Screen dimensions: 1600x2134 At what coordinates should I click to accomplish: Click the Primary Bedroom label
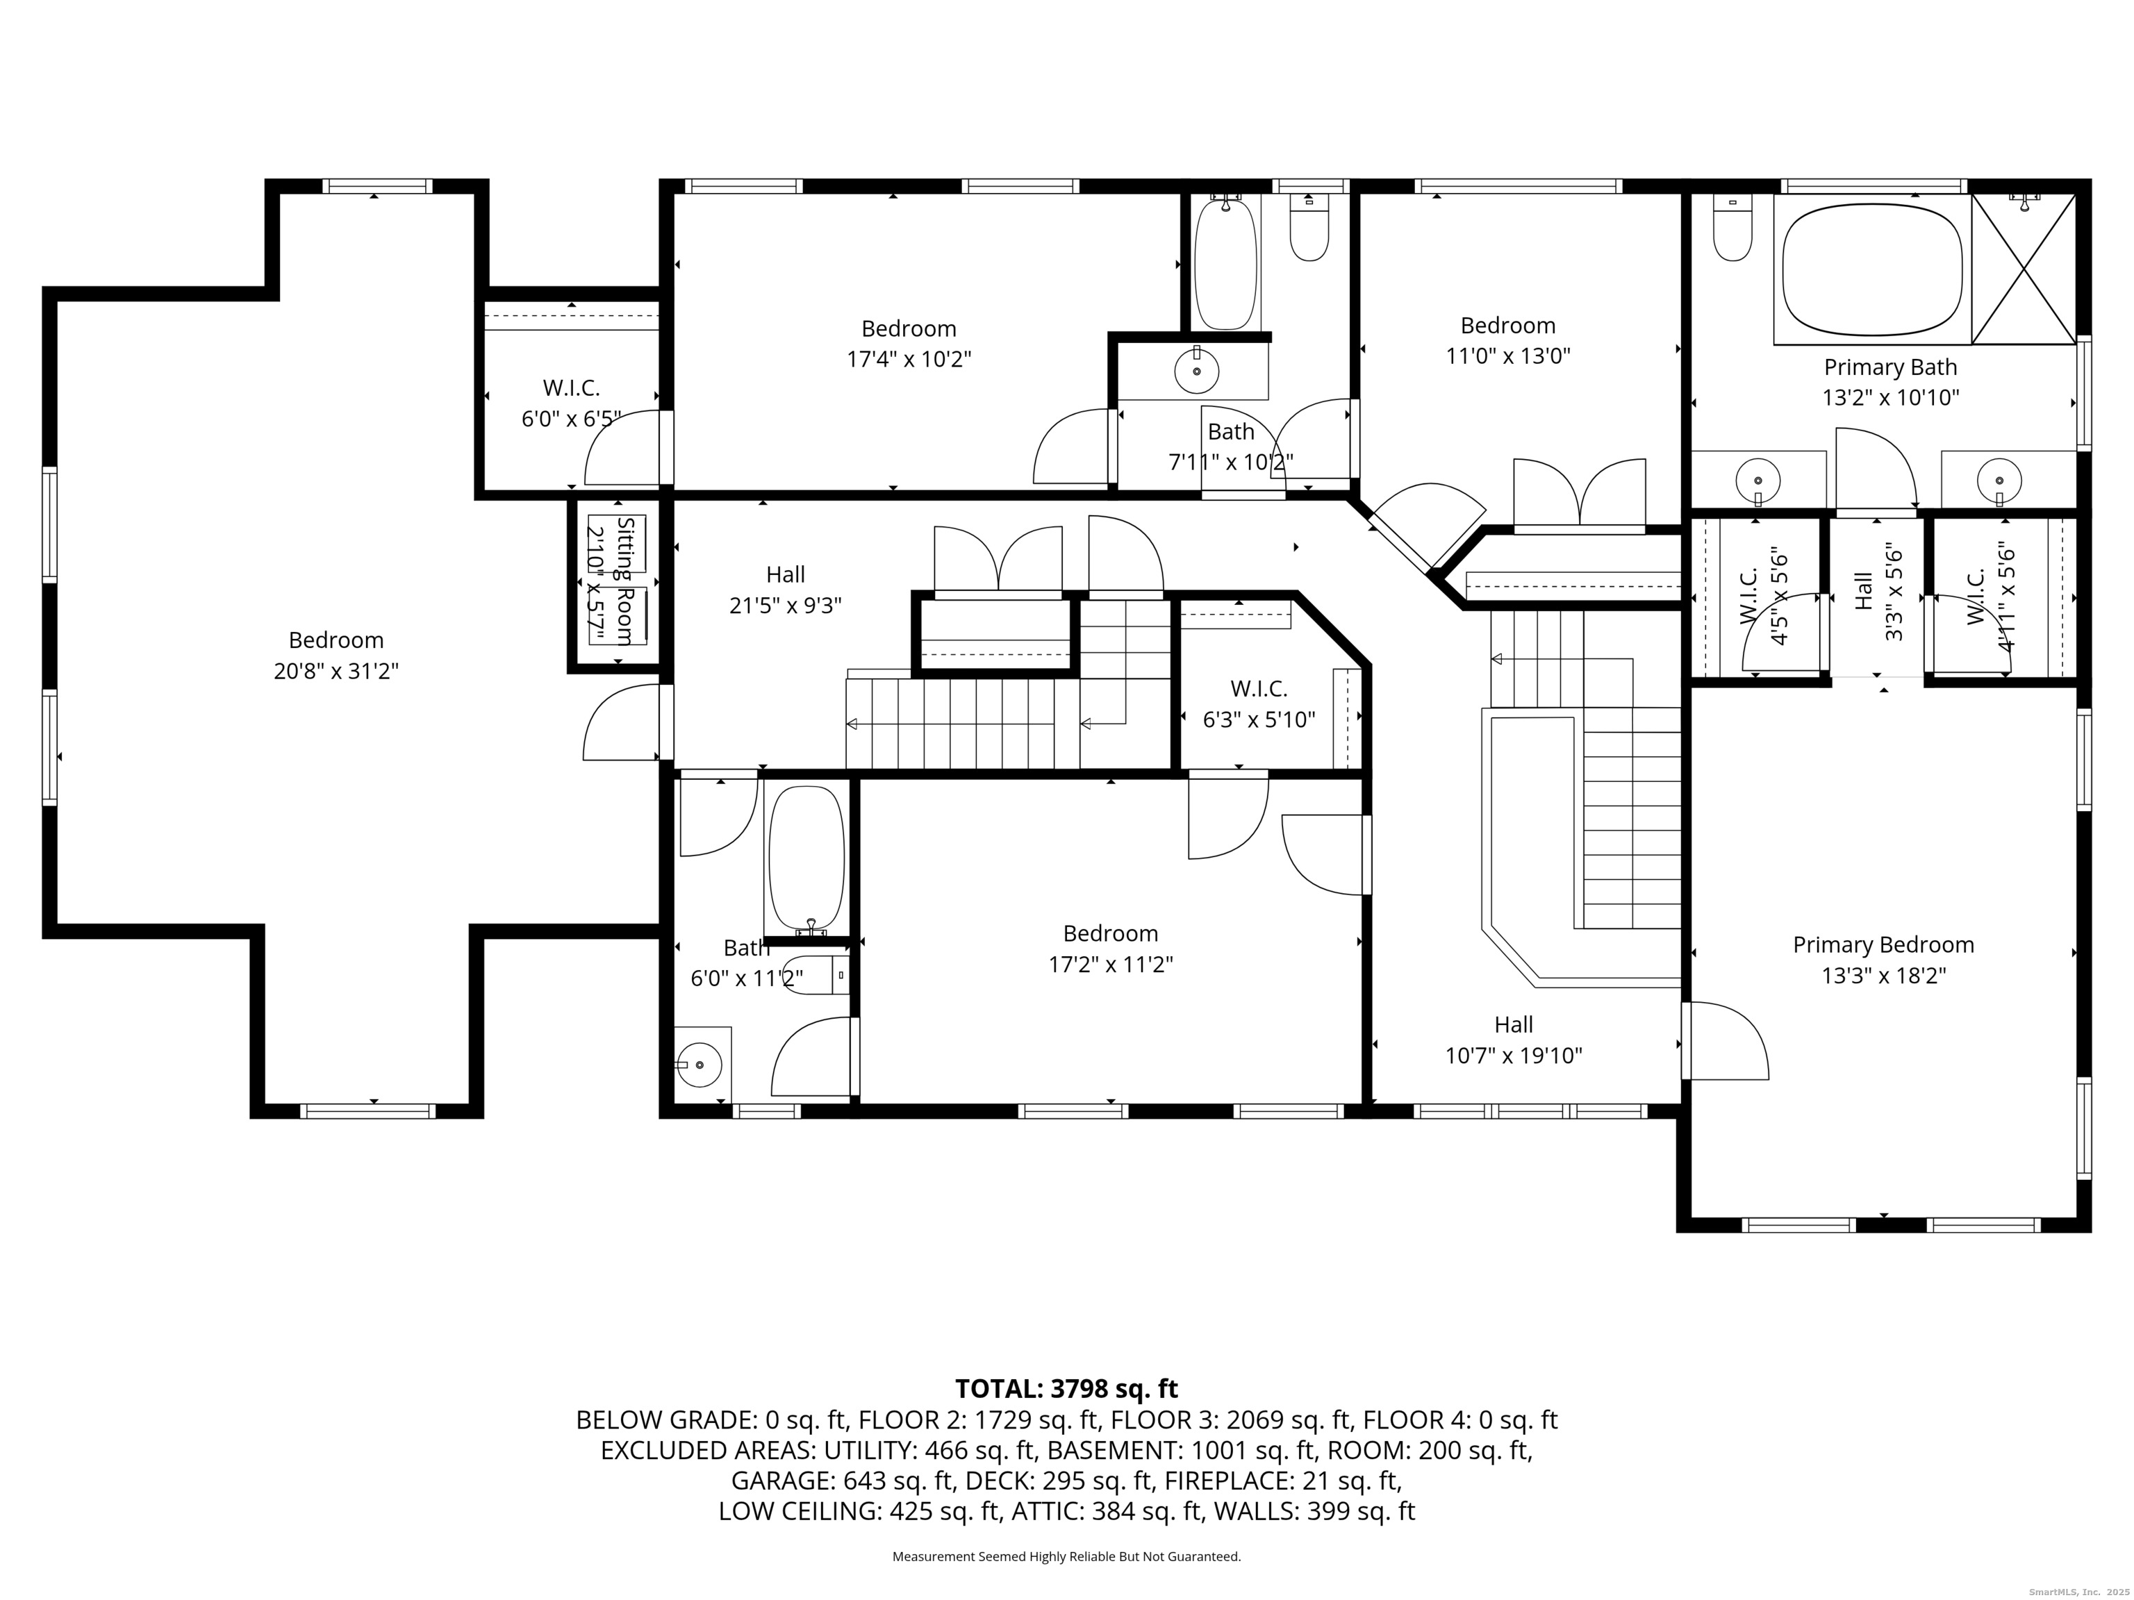click(1883, 945)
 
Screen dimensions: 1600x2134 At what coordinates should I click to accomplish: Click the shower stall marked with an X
click(2022, 269)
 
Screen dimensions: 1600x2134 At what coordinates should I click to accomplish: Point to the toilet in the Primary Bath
click(1732, 231)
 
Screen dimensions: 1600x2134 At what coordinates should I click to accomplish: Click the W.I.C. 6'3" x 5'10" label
click(1258, 704)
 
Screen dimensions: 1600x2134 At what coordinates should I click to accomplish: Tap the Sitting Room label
click(625, 581)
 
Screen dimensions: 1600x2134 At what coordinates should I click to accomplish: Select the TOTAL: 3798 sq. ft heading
click(1066, 1389)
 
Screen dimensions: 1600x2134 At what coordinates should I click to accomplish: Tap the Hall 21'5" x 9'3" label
click(785, 590)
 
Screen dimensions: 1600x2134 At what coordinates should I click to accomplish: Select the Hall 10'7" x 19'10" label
click(1513, 1040)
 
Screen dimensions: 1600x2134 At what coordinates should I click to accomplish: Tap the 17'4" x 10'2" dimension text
click(908, 360)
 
